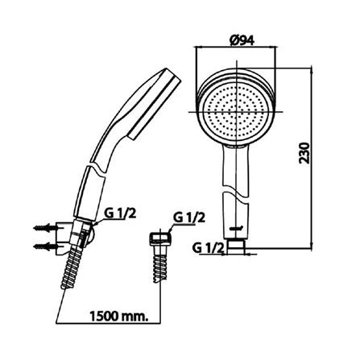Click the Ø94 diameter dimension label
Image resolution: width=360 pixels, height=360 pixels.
[x=242, y=40]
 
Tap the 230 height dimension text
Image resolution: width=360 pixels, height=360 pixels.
[x=304, y=153]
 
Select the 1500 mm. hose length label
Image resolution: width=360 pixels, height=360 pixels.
[x=118, y=317]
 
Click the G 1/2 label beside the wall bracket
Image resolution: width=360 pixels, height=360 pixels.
[x=120, y=213]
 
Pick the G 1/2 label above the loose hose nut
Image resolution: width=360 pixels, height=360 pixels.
[x=189, y=217]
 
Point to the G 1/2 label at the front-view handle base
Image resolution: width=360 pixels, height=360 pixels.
[x=208, y=248]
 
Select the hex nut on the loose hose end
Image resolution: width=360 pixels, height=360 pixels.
[x=160, y=238]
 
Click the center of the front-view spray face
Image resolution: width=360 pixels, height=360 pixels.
[x=236, y=112]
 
